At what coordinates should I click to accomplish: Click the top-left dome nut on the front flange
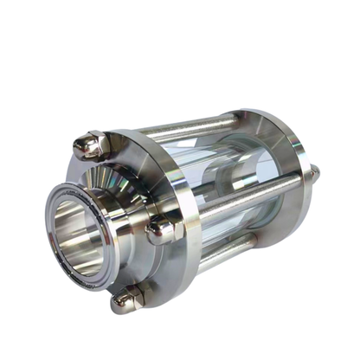88,145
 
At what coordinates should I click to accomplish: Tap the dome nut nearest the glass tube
161,232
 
